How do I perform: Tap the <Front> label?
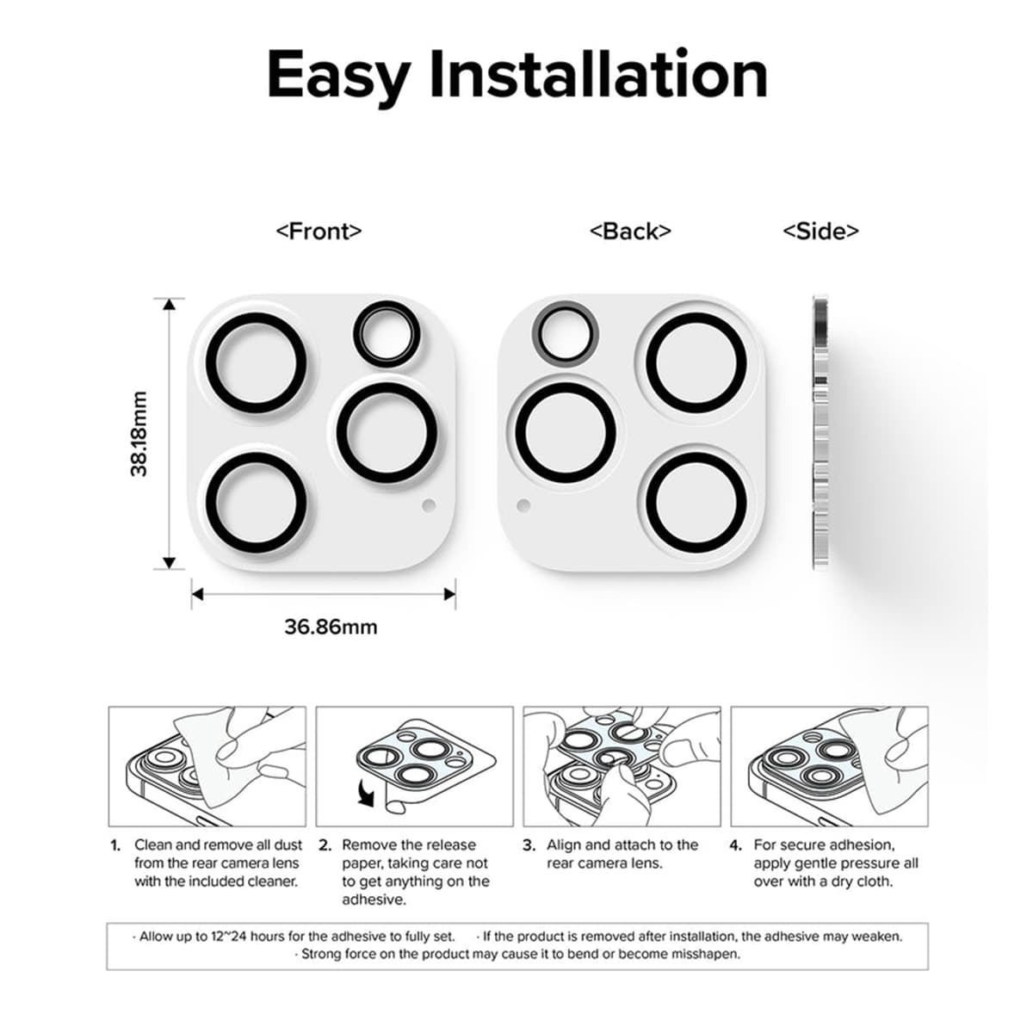pos(319,231)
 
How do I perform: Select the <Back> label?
pos(630,231)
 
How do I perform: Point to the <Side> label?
pos(820,231)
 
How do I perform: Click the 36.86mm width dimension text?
pos(331,627)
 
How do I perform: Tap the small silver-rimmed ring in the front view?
pos(387,333)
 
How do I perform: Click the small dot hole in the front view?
pos(429,506)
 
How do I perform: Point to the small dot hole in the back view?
pos(522,506)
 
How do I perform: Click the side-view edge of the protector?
pos(820,433)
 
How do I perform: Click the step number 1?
pos(115,845)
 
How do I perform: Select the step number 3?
pos(529,845)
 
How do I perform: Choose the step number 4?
pos(735,845)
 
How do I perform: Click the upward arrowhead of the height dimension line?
pos(170,304)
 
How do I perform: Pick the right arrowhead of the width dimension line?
pos(449,594)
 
